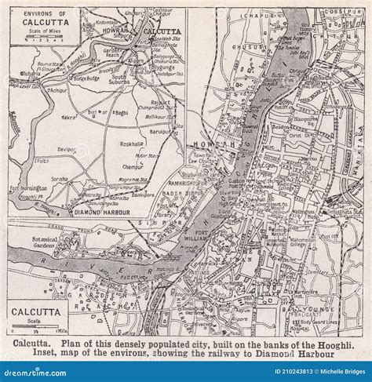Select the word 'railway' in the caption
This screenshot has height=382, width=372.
click(243, 354)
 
